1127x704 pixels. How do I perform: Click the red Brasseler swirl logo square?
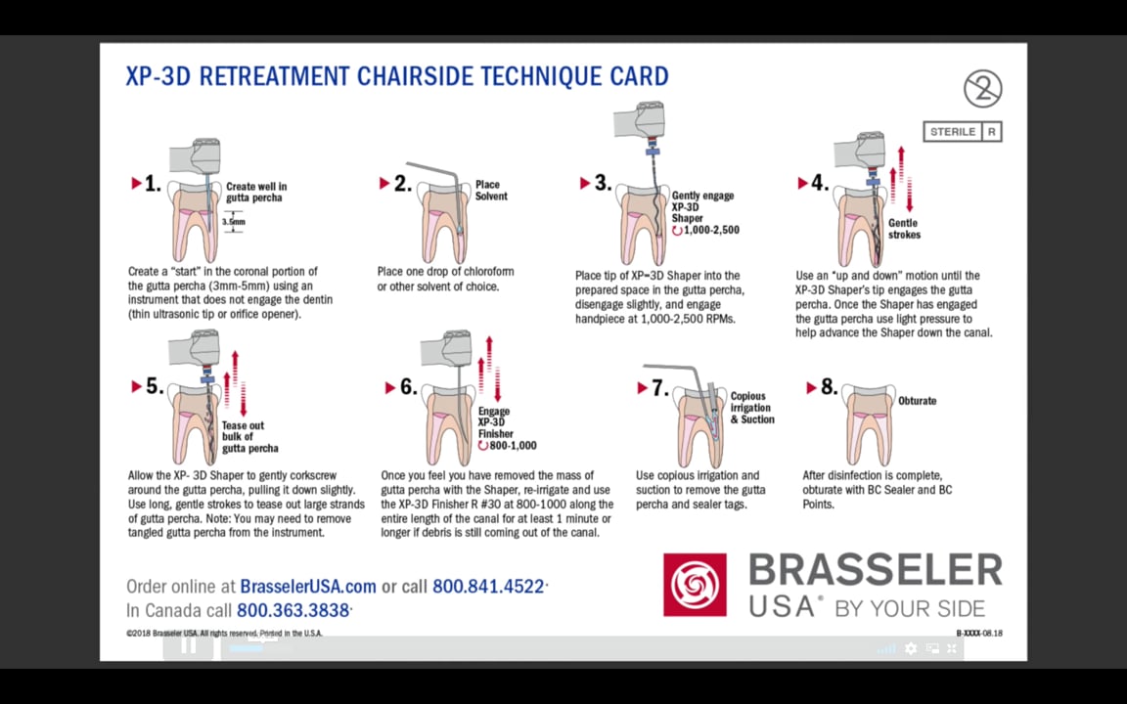(695, 585)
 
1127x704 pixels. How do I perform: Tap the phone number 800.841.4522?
(488, 587)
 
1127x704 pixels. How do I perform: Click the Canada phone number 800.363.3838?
(293, 610)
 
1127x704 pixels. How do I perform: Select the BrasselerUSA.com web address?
(308, 587)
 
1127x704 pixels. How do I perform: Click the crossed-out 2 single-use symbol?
(982, 89)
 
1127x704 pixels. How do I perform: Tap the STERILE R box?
(962, 131)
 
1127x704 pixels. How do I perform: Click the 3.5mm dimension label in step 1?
(233, 222)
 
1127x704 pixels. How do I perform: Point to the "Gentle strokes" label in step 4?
(903, 229)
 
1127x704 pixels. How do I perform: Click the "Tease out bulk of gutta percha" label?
(249, 437)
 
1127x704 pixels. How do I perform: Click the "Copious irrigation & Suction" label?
(751, 408)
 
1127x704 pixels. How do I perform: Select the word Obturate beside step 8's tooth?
(917, 401)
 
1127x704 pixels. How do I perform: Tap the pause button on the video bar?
(189, 645)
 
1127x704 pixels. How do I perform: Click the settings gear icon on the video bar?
(911, 648)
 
